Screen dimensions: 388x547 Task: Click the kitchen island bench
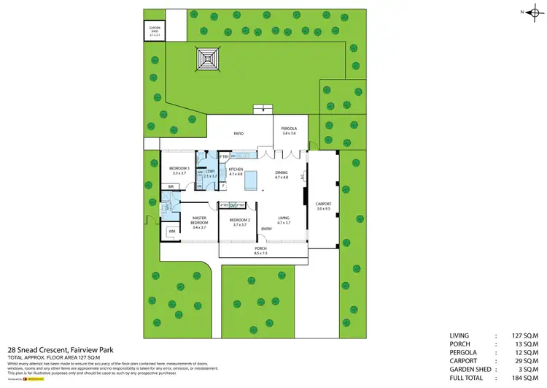pyautogui.click(x=252, y=178)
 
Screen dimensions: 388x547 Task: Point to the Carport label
pyautogui.click(x=323, y=205)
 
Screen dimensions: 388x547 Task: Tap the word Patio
pyautogui.click(x=238, y=134)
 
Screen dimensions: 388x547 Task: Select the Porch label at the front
pyautogui.click(x=260, y=249)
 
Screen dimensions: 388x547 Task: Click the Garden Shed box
pyautogui.click(x=155, y=31)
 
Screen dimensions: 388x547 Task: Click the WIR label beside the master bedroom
pyautogui.click(x=172, y=231)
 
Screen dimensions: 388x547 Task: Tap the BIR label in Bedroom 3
pyautogui.click(x=171, y=187)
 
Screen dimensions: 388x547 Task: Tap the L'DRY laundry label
pyautogui.click(x=211, y=172)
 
